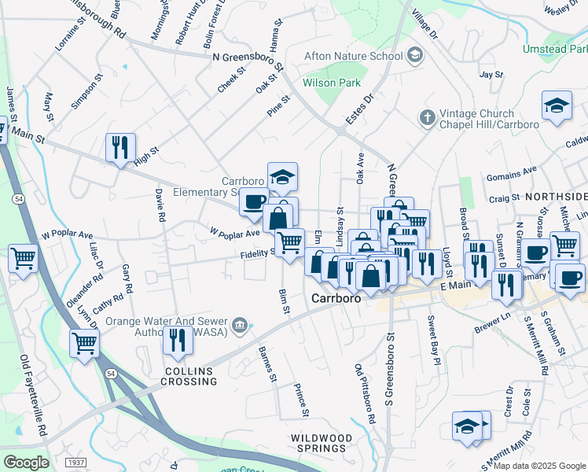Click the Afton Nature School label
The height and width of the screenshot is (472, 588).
point(354,55)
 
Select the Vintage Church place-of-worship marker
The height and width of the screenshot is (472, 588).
point(427,118)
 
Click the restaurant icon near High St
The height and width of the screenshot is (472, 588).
point(120,147)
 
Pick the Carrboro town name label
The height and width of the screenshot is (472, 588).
point(336,298)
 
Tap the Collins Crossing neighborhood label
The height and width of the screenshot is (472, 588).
point(190,376)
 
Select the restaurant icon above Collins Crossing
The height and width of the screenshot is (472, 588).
point(178,341)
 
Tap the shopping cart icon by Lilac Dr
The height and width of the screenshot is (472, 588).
point(24,257)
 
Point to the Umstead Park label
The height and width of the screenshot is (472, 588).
point(554,49)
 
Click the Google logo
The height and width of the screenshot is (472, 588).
point(25,462)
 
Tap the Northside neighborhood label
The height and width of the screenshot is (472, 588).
point(556,196)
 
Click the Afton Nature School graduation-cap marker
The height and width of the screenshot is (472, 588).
point(415,55)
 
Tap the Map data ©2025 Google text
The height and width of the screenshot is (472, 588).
point(538,466)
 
